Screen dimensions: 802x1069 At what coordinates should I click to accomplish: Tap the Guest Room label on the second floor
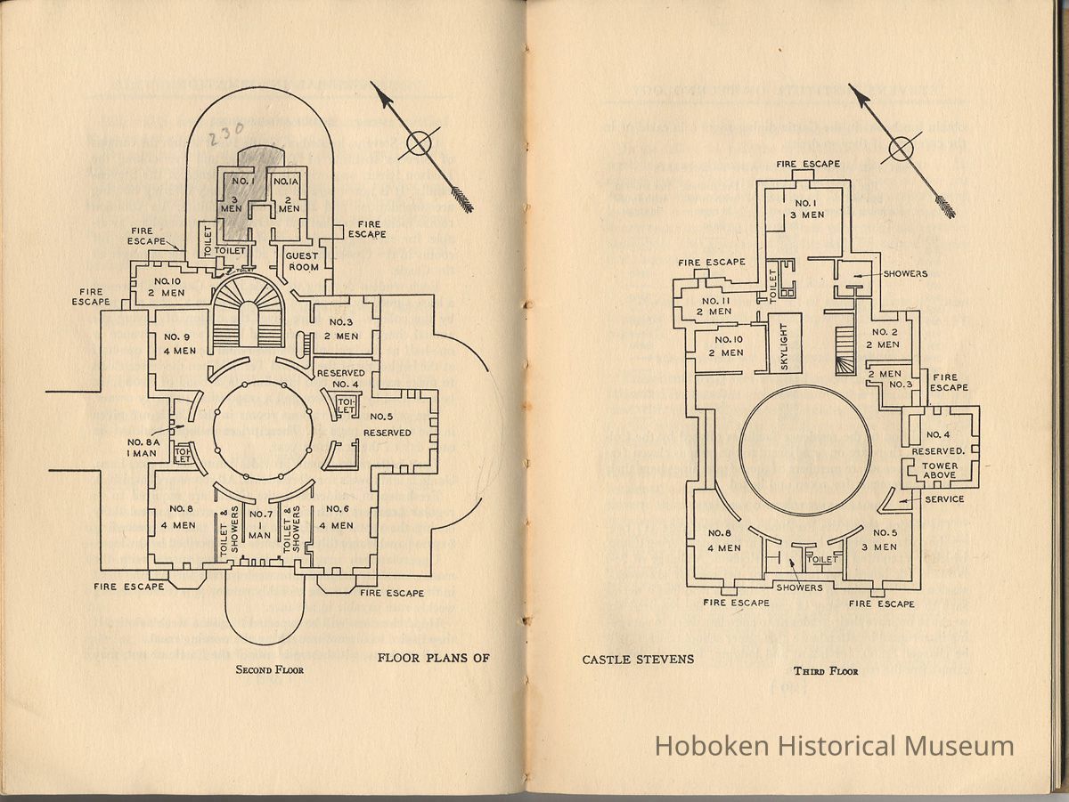coord(301,260)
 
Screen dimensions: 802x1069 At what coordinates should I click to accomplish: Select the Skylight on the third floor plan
coord(785,343)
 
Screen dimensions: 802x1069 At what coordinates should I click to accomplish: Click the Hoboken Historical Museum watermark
coord(834,746)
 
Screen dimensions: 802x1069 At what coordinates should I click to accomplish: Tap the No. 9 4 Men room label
coord(179,344)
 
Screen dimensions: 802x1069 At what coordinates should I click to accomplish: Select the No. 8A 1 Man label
coord(143,448)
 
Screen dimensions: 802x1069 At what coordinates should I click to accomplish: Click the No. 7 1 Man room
coord(260,524)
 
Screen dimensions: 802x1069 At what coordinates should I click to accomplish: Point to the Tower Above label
coord(940,470)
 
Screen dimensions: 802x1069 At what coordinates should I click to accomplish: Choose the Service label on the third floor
coord(944,499)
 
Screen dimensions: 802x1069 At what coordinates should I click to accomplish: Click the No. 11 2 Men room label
coord(714,305)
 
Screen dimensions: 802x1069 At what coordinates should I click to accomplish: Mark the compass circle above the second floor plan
coord(420,142)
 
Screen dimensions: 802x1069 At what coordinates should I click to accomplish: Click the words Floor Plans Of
coord(434,659)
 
